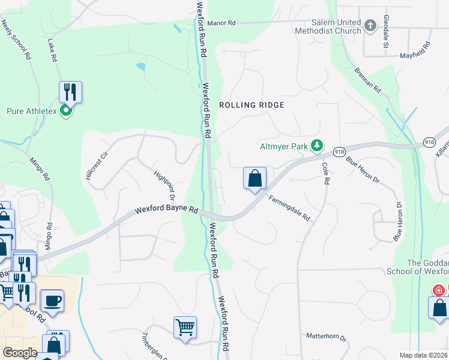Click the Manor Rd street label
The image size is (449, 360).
tap(222, 23)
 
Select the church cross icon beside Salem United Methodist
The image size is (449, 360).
tap(370, 25)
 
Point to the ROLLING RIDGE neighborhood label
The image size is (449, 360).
tap(251, 104)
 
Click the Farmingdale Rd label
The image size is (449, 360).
tap(289, 208)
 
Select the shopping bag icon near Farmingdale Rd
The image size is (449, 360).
tap(255, 178)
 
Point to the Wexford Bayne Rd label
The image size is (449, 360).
tap(166, 211)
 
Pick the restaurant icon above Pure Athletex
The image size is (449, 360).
tap(70, 92)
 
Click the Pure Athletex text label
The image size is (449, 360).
tap(31, 111)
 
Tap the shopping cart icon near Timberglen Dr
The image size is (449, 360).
tap(185, 328)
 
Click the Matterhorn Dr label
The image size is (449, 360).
tap(327, 338)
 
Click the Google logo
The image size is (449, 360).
tap(20, 353)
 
